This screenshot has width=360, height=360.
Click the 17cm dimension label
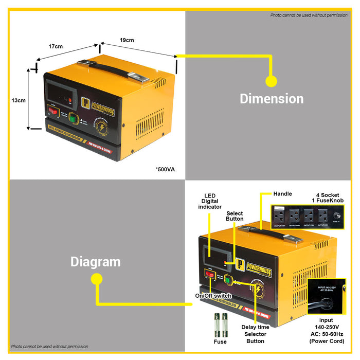pos(56,46)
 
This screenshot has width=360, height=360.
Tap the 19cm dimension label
pos(127,40)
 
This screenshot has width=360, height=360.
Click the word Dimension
pos(272,99)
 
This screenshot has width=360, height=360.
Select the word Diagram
pos(95,262)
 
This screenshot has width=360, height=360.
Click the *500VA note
pos(165,169)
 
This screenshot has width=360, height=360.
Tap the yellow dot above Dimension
pos(271,81)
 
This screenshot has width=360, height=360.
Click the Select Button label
pos(235,215)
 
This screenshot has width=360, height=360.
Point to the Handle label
pos(283,194)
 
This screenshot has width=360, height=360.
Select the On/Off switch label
pos(213,296)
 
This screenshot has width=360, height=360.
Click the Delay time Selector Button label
pos(255,334)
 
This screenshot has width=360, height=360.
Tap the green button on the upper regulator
pos(73,118)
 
